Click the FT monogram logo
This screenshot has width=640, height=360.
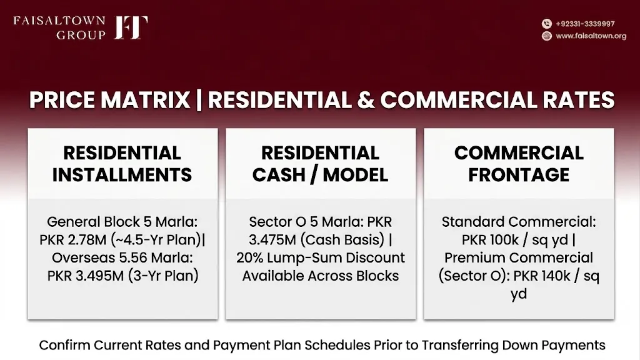(131, 27)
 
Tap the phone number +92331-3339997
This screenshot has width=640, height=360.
(585, 24)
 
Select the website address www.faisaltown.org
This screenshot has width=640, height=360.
(591, 36)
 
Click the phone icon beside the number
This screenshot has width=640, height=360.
(546, 24)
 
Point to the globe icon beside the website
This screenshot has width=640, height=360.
(546, 36)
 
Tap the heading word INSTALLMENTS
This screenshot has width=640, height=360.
(122, 175)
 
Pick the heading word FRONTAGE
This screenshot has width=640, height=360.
(519, 175)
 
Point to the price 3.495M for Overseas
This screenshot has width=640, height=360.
(99, 276)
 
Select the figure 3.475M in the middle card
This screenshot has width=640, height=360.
(272, 240)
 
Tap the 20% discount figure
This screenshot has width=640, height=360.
(249, 258)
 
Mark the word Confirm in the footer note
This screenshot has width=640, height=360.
(64, 345)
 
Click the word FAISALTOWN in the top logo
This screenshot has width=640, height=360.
(59, 21)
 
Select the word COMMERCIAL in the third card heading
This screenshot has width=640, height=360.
(519, 153)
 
